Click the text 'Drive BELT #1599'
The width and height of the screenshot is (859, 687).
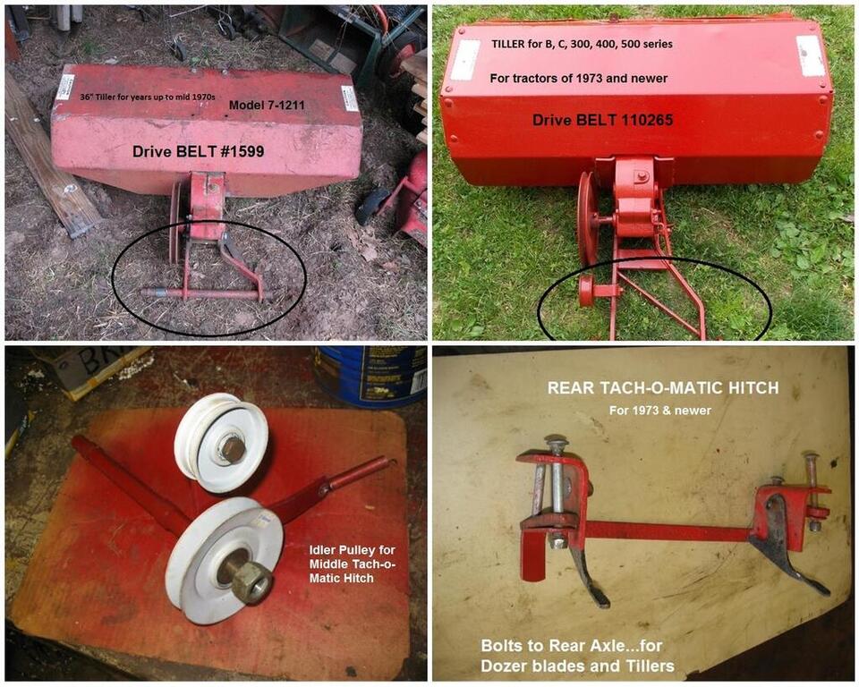click(x=199, y=152)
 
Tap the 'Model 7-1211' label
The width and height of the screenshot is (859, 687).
click(x=267, y=105)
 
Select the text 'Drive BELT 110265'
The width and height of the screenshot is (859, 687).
click(x=602, y=120)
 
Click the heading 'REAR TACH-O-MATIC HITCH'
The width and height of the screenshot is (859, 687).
click(x=663, y=388)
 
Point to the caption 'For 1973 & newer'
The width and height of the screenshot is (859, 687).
click(x=660, y=411)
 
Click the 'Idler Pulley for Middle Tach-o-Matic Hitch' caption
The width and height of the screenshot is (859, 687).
click(x=353, y=564)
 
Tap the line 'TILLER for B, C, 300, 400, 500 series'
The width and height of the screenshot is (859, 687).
click(x=582, y=44)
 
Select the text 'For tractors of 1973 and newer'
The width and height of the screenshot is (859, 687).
click(x=579, y=79)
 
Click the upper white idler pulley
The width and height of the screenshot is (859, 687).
click(x=221, y=442)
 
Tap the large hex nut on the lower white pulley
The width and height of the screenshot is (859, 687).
click(x=251, y=583)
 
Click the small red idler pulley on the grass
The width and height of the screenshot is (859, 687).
click(x=587, y=291)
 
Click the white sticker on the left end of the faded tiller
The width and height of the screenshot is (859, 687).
click(x=64, y=87)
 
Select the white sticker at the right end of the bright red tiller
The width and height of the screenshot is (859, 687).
click(x=811, y=55)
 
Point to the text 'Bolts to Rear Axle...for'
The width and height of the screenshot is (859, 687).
click(x=572, y=645)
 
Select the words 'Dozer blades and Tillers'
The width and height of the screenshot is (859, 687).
click(x=577, y=666)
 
